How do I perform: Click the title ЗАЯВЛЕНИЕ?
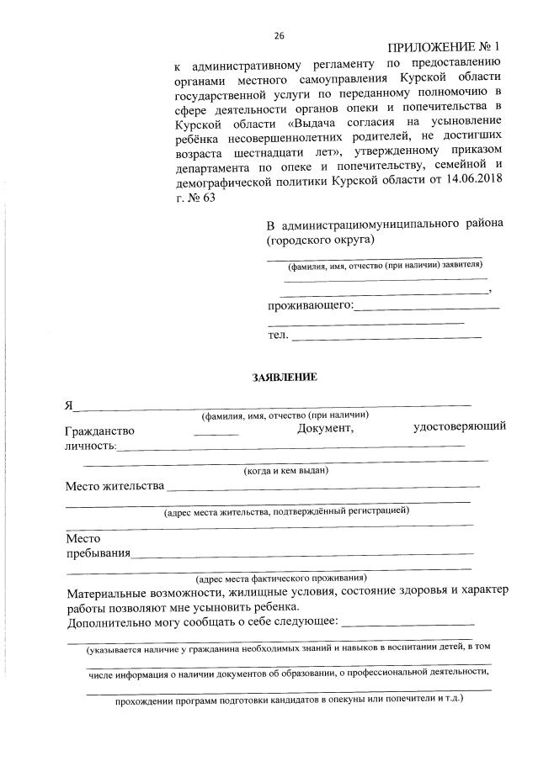(285, 377)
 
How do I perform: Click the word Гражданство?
(99, 431)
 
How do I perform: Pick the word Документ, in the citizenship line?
(325, 429)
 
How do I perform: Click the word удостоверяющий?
(459, 427)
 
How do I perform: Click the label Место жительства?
(114, 486)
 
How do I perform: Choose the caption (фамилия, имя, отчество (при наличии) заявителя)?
(385, 266)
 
